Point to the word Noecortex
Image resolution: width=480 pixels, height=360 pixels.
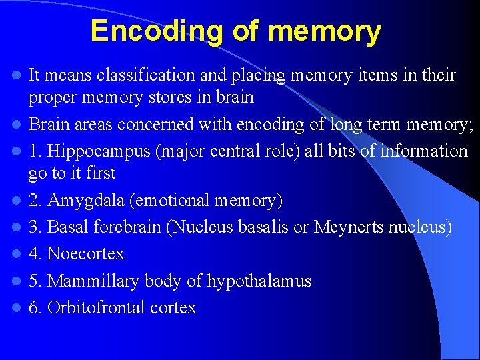pos(86,254)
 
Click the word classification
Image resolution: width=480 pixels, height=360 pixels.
pos(145,75)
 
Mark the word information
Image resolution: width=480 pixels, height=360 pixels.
pos(424,151)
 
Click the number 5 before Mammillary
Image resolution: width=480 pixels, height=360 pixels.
pos(33,281)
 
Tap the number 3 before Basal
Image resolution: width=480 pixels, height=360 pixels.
pos(33,227)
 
